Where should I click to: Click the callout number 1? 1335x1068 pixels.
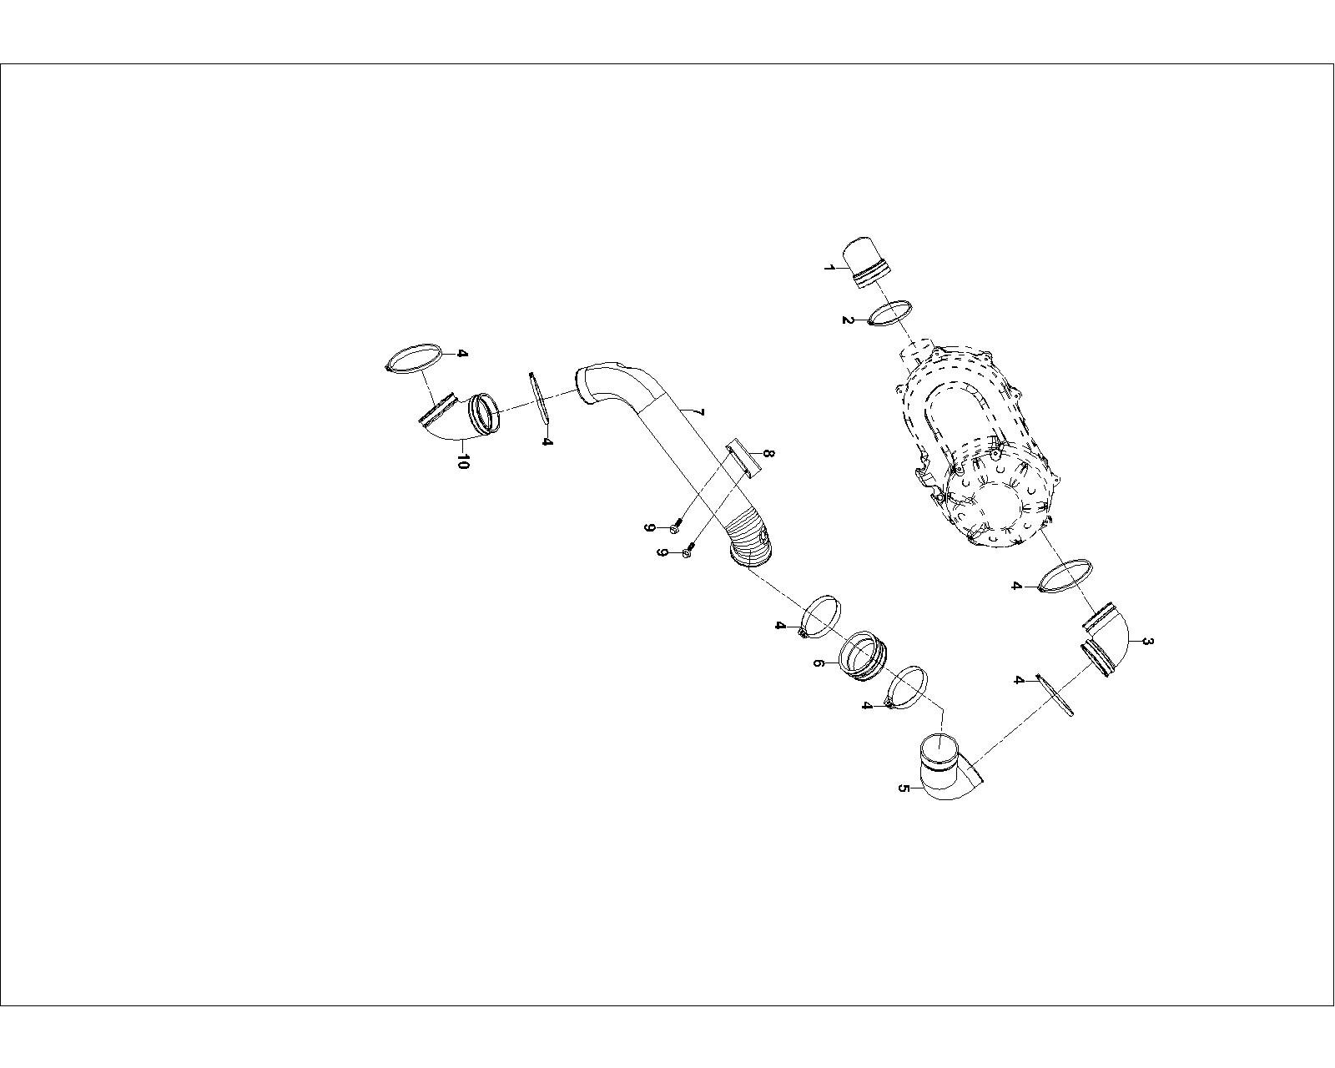829,268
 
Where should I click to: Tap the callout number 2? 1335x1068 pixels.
848,320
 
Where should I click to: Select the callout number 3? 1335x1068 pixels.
1147,641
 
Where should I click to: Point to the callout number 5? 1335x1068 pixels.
904,788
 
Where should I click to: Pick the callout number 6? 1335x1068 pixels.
819,663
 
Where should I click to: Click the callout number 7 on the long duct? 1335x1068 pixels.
700,412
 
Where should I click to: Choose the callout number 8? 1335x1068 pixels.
769,453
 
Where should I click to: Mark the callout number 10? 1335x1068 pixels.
462,461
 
